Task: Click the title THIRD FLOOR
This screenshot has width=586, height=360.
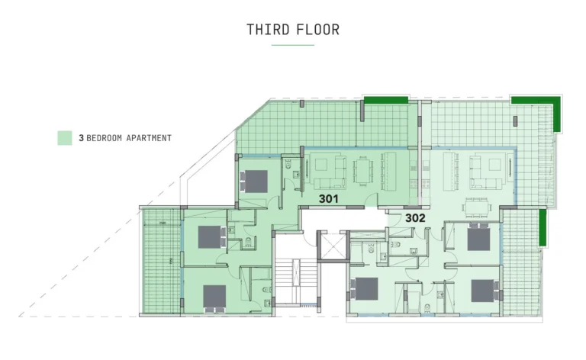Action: pyautogui.click(x=293, y=30)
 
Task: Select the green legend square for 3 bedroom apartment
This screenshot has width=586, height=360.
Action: pyautogui.click(x=65, y=138)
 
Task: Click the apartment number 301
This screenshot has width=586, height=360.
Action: pyautogui.click(x=329, y=198)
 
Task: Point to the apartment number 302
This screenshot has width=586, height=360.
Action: pyautogui.click(x=415, y=217)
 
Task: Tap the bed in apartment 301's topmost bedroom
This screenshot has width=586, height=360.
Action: pyautogui.click(x=256, y=180)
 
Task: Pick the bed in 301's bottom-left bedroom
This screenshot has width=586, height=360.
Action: pyautogui.click(x=214, y=296)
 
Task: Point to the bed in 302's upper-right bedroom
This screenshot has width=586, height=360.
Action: pyautogui.click(x=478, y=238)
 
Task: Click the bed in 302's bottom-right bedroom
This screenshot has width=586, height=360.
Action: pyautogui.click(x=481, y=291)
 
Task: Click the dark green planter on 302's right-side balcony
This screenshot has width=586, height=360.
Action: pyautogui.click(x=543, y=227)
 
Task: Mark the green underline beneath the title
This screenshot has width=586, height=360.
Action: pyautogui.click(x=293, y=45)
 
